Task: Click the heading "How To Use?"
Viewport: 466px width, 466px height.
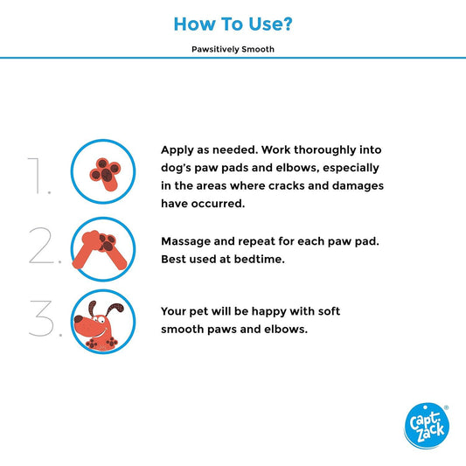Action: (233, 24)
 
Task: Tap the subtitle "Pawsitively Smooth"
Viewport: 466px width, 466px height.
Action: (233, 49)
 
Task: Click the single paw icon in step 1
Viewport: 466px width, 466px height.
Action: (105, 173)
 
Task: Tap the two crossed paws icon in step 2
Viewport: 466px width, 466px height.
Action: (100, 250)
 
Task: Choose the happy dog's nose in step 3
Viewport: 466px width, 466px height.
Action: (78, 319)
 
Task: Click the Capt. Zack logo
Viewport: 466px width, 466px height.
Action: (427, 426)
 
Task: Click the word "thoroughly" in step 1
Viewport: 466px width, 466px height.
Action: (325, 150)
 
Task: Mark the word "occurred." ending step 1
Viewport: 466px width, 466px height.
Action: (219, 204)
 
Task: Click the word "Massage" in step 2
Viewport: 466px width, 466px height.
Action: (185, 241)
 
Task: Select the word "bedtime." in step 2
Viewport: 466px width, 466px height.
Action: (259, 259)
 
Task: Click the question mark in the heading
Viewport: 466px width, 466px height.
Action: (287, 24)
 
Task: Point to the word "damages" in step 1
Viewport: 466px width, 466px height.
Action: (358, 186)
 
